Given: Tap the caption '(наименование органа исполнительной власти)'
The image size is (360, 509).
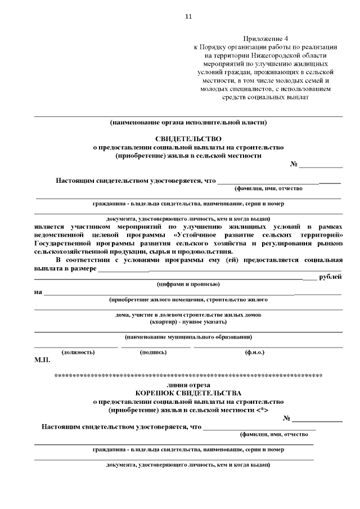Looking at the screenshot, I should pyautogui.click(x=188, y=121).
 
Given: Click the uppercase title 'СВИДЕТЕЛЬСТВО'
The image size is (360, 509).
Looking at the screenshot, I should pyautogui.click(x=188, y=138).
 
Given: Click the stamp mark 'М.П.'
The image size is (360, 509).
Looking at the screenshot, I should pyautogui.click(x=42, y=359).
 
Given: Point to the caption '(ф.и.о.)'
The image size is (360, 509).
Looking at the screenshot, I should pyautogui.click(x=255, y=352).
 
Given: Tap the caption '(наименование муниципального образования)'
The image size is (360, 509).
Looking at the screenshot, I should pyautogui.click(x=188, y=337).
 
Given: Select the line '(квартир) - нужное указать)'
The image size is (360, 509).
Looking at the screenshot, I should pyautogui.click(x=188, y=322).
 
